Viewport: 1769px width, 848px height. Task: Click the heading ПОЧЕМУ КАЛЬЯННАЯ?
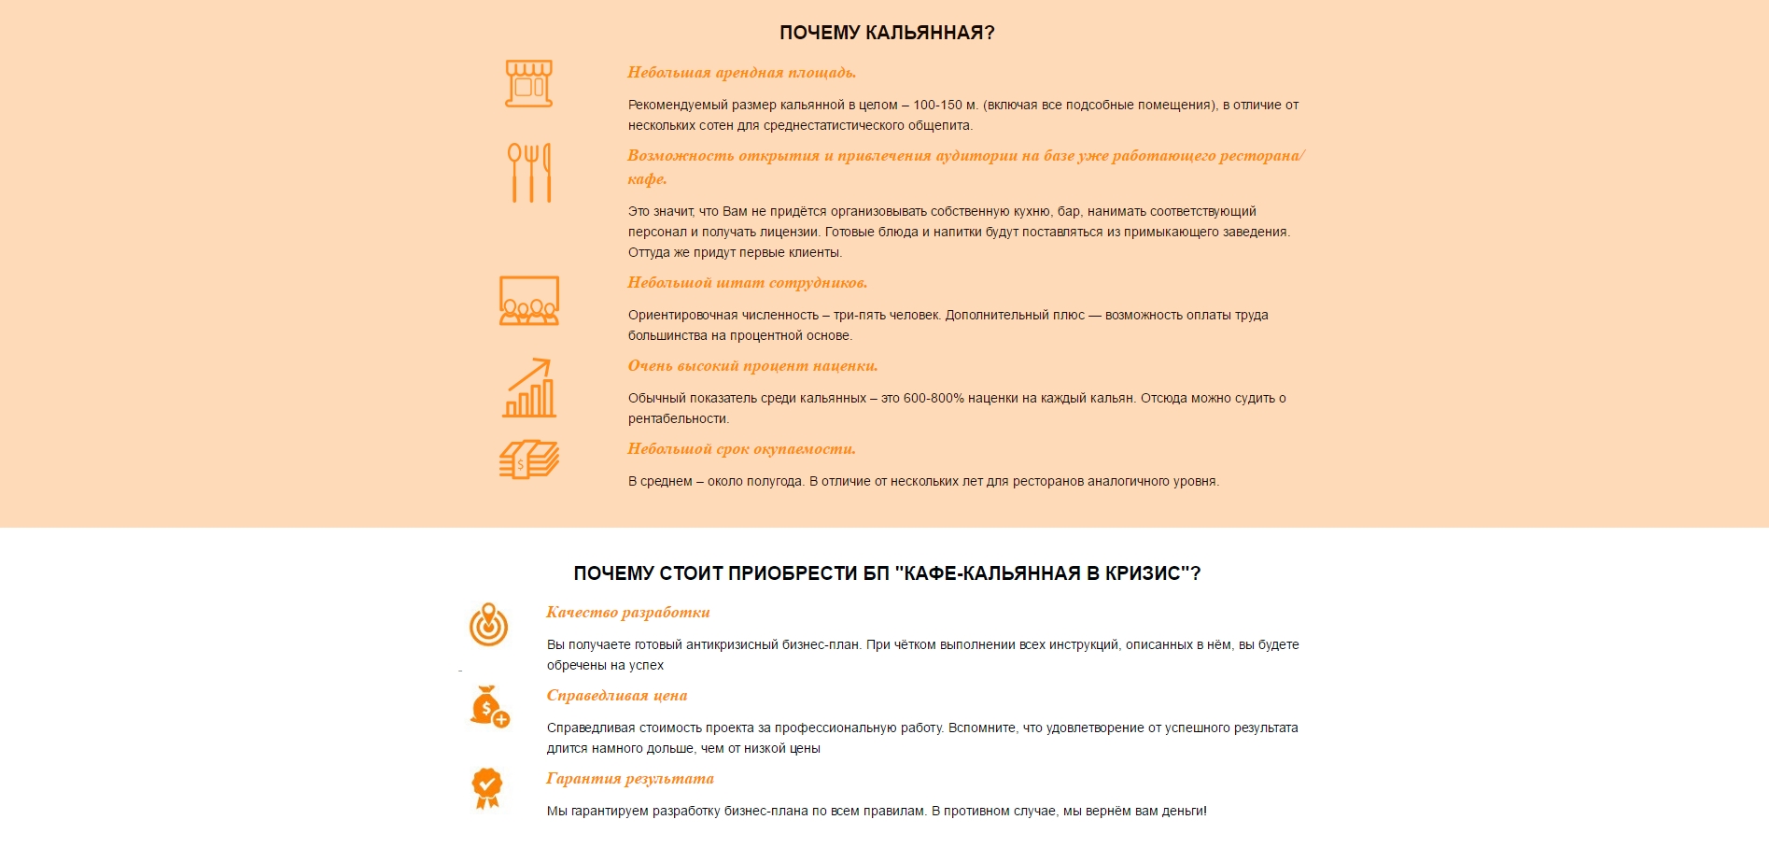click(x=887, y=33)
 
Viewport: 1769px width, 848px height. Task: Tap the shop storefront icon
click(x=529, y=84)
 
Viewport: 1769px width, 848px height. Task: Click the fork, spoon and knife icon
click(x=529, y=173)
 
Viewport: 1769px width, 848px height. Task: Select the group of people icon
click(x=529, y=301)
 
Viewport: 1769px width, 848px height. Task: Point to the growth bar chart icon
click(x=529, y=388)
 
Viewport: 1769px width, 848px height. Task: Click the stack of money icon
click(x=529, y=459)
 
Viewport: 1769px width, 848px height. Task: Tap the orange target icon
click(x=488, y=625)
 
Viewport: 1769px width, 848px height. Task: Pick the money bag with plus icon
click(x=489, y=707)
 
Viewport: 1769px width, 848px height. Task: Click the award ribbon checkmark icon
click(x=487, y=788)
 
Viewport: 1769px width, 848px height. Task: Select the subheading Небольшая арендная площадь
click(x=741, y=73)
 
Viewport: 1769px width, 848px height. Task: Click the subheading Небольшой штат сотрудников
click(x=747, y=283)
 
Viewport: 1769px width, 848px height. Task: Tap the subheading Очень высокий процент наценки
click(x=752, y=366)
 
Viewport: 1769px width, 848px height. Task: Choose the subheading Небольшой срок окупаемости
click(x=741, y=449)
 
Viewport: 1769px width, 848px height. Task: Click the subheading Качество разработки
click(x=628, y=613)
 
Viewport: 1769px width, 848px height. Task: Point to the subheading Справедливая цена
click(x=617, y=696)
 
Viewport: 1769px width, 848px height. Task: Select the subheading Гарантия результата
click(x=630, y=779)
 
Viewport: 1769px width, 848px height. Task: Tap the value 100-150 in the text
click(x=937, y=106)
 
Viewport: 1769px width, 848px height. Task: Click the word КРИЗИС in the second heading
click(x=1143, y=573)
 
